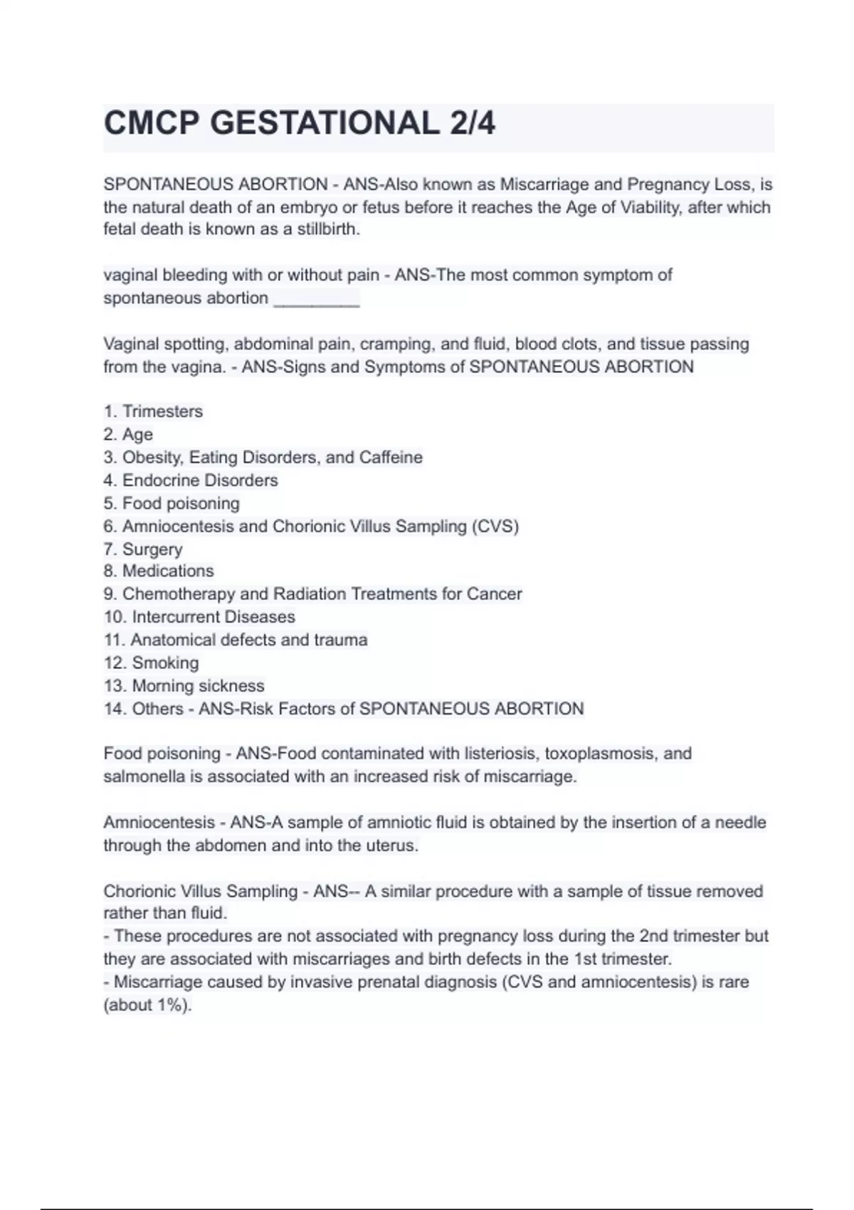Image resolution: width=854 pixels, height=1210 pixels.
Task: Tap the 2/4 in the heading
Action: (472, 123)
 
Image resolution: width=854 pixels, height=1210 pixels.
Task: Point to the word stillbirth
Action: (329, 229)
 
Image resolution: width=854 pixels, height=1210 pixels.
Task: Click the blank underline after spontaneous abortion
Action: (317, 298)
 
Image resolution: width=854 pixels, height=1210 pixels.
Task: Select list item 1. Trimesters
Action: (153, 411)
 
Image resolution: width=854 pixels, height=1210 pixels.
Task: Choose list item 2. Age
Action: (128, 434)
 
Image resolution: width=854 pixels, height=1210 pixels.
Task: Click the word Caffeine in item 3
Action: (391, 457)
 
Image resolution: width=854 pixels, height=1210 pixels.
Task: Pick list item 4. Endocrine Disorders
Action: (191, 480)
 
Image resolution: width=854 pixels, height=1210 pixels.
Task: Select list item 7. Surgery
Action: (143, 549)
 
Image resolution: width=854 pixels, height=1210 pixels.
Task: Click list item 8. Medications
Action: (159, 571)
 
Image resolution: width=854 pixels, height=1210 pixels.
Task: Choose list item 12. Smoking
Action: (152, 663)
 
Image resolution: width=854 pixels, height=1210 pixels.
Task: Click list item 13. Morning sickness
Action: (184, 685)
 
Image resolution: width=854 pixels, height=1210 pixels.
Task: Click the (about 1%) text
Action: (148, 1005)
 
